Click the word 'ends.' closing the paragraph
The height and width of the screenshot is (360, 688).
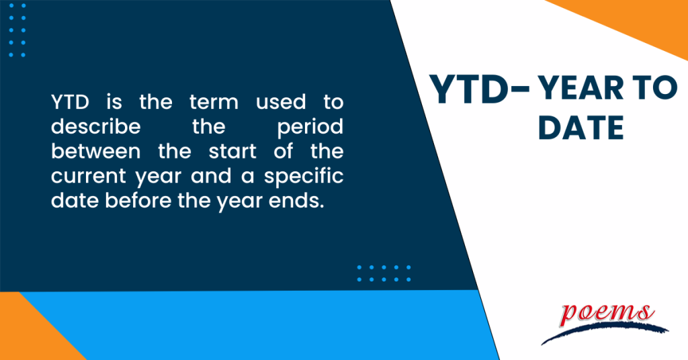[296, 201]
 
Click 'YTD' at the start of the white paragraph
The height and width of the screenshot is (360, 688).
[69, 102]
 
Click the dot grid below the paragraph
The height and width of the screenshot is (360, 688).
[384, 273]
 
